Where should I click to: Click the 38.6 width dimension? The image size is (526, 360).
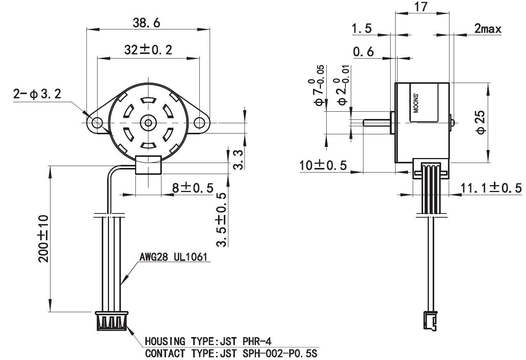(146, 23)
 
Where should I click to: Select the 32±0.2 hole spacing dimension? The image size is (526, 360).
(148, 50)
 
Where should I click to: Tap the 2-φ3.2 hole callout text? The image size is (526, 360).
(37, 94)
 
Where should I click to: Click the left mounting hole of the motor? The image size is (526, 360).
(97, 123)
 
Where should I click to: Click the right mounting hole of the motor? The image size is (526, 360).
(199, 123)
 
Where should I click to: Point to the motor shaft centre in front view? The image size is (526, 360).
(148, 123)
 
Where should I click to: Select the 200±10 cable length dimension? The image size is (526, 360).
(44, 239)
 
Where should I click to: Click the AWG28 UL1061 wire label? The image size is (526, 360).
(173, 257)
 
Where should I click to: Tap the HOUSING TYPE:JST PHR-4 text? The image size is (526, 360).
(208, 341)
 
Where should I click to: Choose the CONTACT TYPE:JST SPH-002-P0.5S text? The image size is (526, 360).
(231, 353)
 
